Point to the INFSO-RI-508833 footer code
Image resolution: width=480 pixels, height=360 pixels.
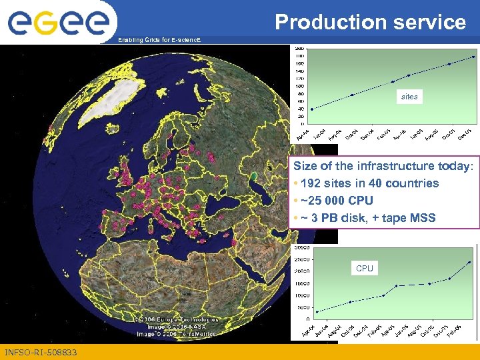click(41, 352)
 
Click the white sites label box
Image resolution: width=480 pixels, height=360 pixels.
click(409, 97)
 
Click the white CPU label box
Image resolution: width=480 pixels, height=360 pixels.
click(365, 269)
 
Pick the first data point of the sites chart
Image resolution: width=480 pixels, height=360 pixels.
click(312, 109)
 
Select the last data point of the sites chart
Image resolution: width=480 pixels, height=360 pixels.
click(473, 57)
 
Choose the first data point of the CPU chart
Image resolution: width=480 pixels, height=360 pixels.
click(317, 311)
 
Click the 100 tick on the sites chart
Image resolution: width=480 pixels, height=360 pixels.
click(300, 86)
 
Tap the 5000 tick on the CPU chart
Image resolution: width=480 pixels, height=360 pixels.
click(305, 307)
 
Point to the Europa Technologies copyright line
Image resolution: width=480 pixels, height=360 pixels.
click(175, 319)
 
